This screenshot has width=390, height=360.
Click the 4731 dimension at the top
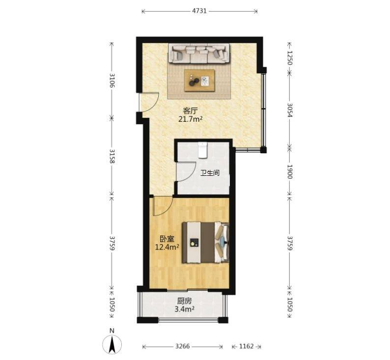pos(199,11)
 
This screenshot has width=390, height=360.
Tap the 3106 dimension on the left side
pos(111,81)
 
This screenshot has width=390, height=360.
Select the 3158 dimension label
pos(111,156)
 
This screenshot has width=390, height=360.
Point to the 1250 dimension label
pos(290,57)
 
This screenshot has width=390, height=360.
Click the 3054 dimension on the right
pos(290,110)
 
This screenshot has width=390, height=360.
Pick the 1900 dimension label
pos(290,171)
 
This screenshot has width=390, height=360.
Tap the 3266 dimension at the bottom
pos(183,346)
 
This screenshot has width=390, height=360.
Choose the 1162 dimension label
pos(246,346)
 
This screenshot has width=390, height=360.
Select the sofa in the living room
pos(199,54)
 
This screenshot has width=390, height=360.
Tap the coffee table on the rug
pos(199,81)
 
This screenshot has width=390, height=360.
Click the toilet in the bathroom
pos(202,150)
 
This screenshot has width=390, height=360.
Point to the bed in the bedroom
pos(205,243)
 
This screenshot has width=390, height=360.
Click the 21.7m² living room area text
pos(190,119)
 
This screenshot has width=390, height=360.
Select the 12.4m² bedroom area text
pos(167,247)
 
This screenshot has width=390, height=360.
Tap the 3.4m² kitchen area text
pos(184,309)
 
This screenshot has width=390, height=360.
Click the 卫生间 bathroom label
pos(210,173)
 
